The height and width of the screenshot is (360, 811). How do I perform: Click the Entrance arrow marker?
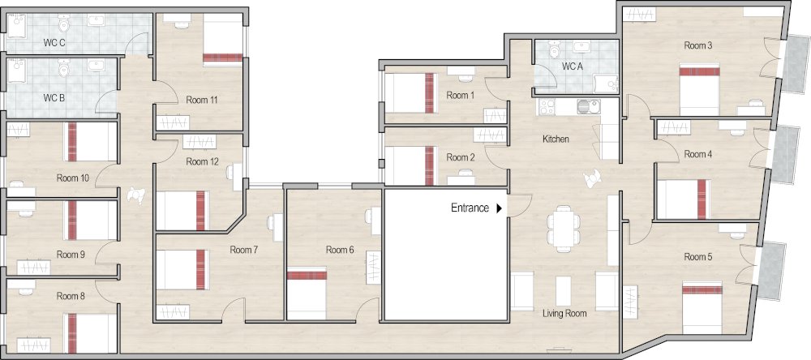[x=500, y=208]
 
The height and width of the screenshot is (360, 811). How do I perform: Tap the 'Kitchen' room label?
[x=556, y=139]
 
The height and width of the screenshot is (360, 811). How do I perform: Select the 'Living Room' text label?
[x=565, y=312]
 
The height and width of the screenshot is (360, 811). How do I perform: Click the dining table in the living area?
[x=562, y=226]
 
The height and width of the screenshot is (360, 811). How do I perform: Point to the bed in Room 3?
[x=700, y=91]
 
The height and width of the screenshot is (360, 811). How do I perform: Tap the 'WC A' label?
[x=573, y=66]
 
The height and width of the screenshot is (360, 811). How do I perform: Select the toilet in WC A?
[x=555, y=50]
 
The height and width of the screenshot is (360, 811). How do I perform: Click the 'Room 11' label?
[x=202, y=100]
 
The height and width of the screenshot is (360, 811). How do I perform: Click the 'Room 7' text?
[x=243, y=250]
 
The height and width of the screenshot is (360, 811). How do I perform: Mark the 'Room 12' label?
[x=202, y=161]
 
